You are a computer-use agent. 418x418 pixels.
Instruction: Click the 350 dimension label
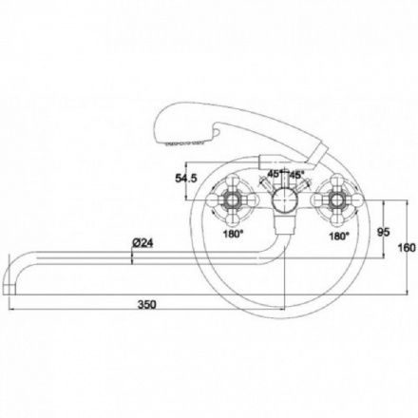(147, 304)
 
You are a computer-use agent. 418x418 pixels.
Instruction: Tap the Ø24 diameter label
(142, 243)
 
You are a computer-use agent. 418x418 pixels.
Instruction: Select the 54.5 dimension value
(186, 178)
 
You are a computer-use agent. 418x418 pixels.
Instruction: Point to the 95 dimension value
(384, 232)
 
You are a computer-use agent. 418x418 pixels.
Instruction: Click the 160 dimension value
(406, 248)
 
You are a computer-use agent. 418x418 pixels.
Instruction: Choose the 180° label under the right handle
(339, 236)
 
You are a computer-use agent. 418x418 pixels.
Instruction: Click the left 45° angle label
(275, 174)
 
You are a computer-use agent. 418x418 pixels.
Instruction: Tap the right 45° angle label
(297, 174)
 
